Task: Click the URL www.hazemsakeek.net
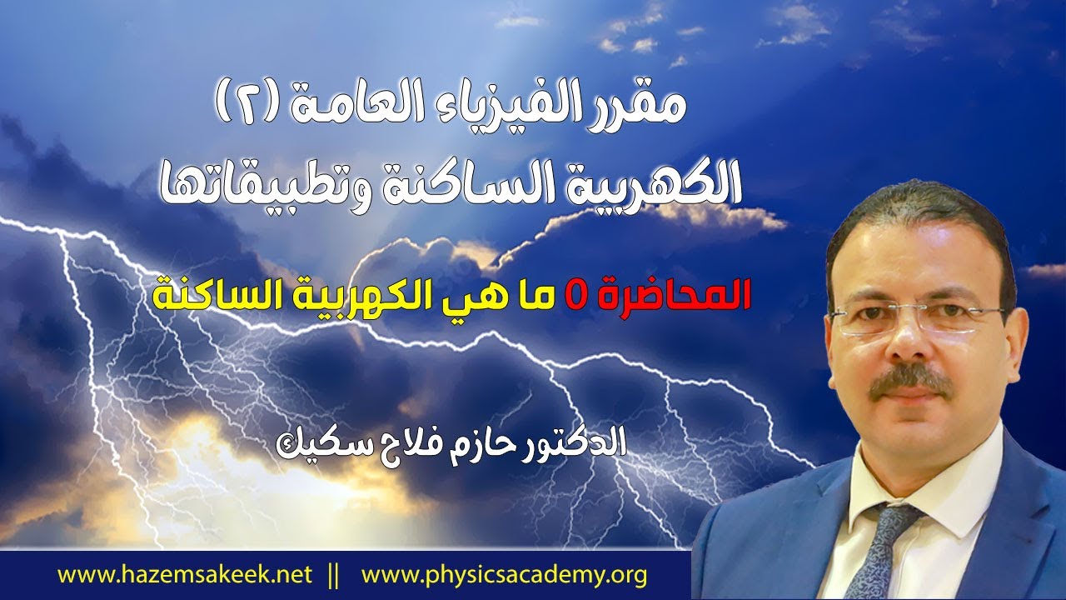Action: (x=185, y=575)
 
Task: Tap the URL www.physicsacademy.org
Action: (x=505, y=575)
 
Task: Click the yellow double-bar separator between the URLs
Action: (x=333, y=575)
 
